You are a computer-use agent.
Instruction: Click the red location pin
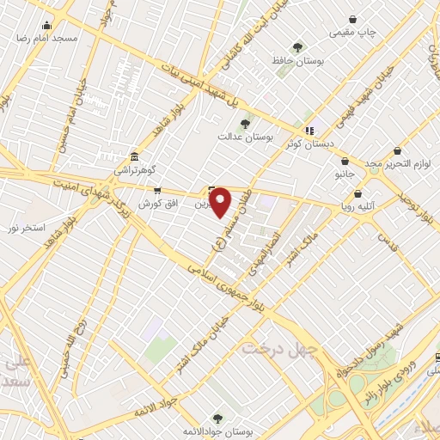(221, 203)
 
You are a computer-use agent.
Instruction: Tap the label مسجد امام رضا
(52, 40)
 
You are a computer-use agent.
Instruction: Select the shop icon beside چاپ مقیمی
(352, 19)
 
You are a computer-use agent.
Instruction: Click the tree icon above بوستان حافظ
(297, 46)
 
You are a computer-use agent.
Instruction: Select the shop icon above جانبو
(345, 161)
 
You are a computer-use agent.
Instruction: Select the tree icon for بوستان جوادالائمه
(215, 418)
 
